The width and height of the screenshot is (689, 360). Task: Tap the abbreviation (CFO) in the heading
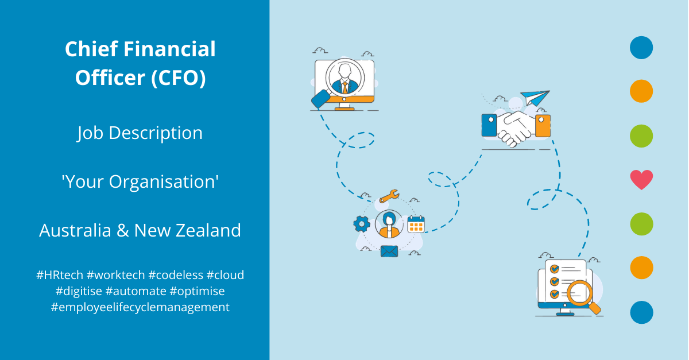(x=179, y=78)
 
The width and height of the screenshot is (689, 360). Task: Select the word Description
(x=156, y=134)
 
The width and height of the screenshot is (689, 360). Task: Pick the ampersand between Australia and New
(x=123, y=230)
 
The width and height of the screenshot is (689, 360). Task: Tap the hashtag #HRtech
(x=60, y=275)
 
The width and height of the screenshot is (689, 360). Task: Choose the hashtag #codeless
(x=176, y=275)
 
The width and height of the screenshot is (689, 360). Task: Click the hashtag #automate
(x=136, y=291)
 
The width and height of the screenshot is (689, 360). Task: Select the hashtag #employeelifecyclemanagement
(x=140, y=307)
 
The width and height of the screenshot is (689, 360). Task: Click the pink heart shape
(x=641, y=180)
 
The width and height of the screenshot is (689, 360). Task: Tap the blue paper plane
(x=535, y=98)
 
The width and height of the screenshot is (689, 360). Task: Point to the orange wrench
(x=389, y=196)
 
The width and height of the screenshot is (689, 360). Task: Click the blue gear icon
(x=362, y=224)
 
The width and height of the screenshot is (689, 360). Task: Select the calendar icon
(x=416, y=224)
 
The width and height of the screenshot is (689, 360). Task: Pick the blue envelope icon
(x=389, y=251)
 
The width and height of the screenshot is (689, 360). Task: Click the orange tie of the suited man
(x=345, y=88)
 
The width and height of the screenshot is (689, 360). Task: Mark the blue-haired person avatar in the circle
(x=389, y=224)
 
